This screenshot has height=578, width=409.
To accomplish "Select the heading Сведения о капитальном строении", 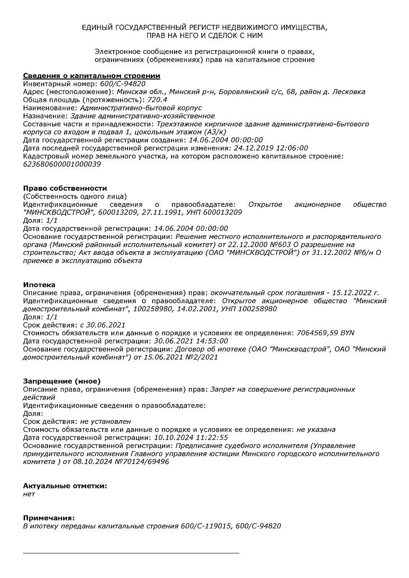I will point(92,76).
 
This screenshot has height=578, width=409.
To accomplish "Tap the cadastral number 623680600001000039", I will point(62,164).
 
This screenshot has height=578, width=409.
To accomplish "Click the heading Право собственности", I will point(65,188).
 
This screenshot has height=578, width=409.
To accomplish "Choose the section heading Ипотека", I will point(39,285).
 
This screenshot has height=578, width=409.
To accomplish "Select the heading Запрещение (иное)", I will point(62,381).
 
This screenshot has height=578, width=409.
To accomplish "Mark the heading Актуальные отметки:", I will point(65,486).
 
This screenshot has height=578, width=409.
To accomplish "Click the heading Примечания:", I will point(49,518).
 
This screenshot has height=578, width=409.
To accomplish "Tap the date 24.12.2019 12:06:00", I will point(271,148).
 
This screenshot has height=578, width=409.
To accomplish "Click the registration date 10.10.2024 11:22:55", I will point(191,437).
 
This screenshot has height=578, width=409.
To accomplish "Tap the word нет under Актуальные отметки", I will point(29,494).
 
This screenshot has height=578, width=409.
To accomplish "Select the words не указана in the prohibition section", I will point(316,429).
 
